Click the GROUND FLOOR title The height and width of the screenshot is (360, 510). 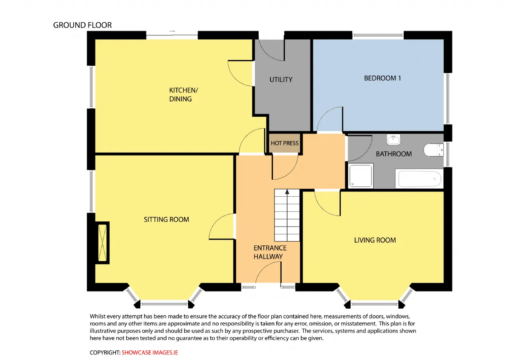point(82,25)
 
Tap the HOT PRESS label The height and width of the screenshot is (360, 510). point(284,143)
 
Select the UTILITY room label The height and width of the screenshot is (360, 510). point(281,80)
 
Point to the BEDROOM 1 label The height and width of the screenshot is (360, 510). point(382,78)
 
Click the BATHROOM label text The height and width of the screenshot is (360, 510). point(394,154)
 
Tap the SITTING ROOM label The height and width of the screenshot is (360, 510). point(167,219)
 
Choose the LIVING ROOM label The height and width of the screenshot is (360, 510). point(375,240)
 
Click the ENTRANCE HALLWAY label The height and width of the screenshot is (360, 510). point(270,252)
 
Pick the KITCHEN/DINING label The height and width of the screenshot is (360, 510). point(184,95)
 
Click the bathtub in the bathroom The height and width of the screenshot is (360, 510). point(419,179)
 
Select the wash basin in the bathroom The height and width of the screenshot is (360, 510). point(393,139)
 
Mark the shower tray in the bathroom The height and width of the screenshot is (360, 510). point(361,176)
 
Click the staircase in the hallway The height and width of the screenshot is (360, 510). point(287,215)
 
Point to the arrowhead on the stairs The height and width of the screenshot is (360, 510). point(287,192)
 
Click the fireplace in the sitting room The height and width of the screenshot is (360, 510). point(102,243)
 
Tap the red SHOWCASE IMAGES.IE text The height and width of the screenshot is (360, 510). point(150,353)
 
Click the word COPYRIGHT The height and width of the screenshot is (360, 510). point(105,353)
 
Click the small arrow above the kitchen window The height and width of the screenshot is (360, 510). point(172,31)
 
